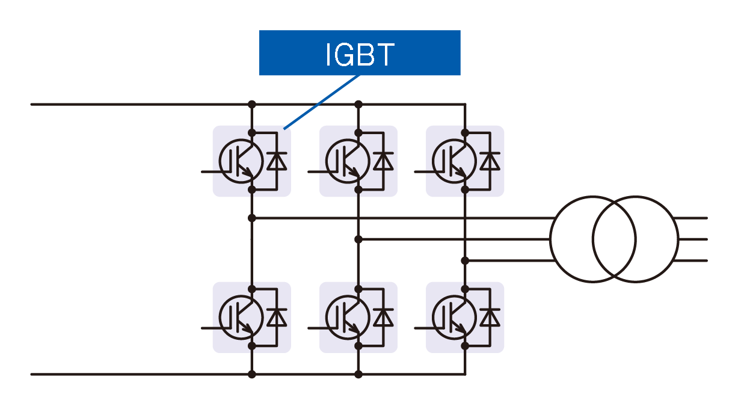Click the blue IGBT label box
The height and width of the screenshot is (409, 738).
point(360,53)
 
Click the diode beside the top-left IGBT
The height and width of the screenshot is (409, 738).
point(277,161)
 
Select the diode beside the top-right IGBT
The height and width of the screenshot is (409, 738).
point(490,161)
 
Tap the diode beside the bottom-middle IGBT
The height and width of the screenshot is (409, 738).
point(383,318)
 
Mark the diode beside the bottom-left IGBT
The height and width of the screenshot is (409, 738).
point(277,318)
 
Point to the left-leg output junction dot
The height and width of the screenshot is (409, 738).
point(252,218)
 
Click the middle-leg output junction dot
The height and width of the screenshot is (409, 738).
point(358,239)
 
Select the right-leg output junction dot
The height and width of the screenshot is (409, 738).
point(465,260)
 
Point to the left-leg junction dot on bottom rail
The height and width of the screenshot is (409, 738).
point(252,374)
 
